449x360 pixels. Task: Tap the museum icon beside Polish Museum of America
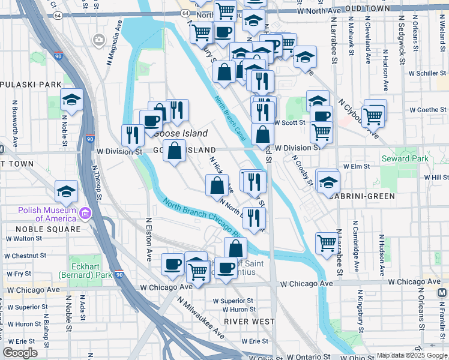86,214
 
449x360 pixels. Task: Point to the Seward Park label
405,158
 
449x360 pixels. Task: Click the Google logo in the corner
20,353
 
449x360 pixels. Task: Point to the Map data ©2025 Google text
412,355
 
